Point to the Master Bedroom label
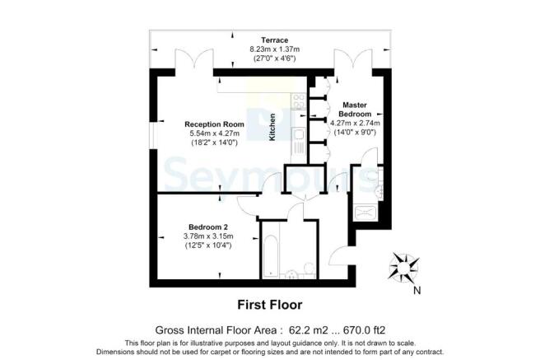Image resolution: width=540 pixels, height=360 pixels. pos(355,110)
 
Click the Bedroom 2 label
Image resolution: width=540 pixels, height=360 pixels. pos(207,227)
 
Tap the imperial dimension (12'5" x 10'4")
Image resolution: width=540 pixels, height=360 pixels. pos(207,245)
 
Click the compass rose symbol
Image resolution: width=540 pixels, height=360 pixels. pos(403,269)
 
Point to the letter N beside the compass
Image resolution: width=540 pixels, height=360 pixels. pos(417,289)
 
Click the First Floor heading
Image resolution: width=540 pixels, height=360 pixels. pos(269,304)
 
